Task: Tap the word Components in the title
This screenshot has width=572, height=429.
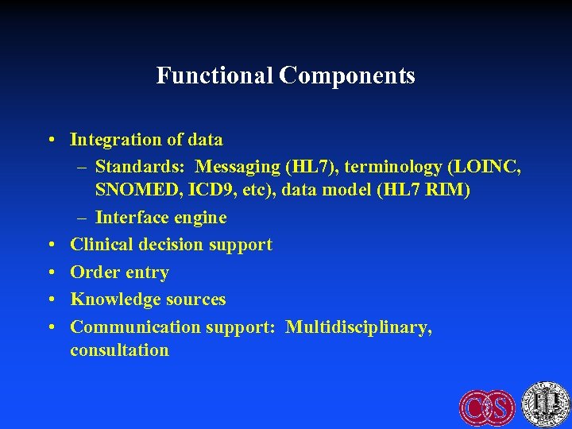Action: click(347, 75)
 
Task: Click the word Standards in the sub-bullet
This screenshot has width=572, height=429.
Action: click(140, 167)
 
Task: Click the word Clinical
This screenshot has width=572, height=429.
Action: click(101, 245)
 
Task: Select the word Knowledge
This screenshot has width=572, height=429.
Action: click(114, 300)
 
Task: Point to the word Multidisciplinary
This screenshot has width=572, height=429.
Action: click(358, 327)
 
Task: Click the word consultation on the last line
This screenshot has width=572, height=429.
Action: click(119, 350)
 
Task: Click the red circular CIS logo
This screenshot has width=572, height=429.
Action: click(487, 407)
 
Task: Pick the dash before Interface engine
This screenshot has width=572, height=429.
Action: click(83, 218)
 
